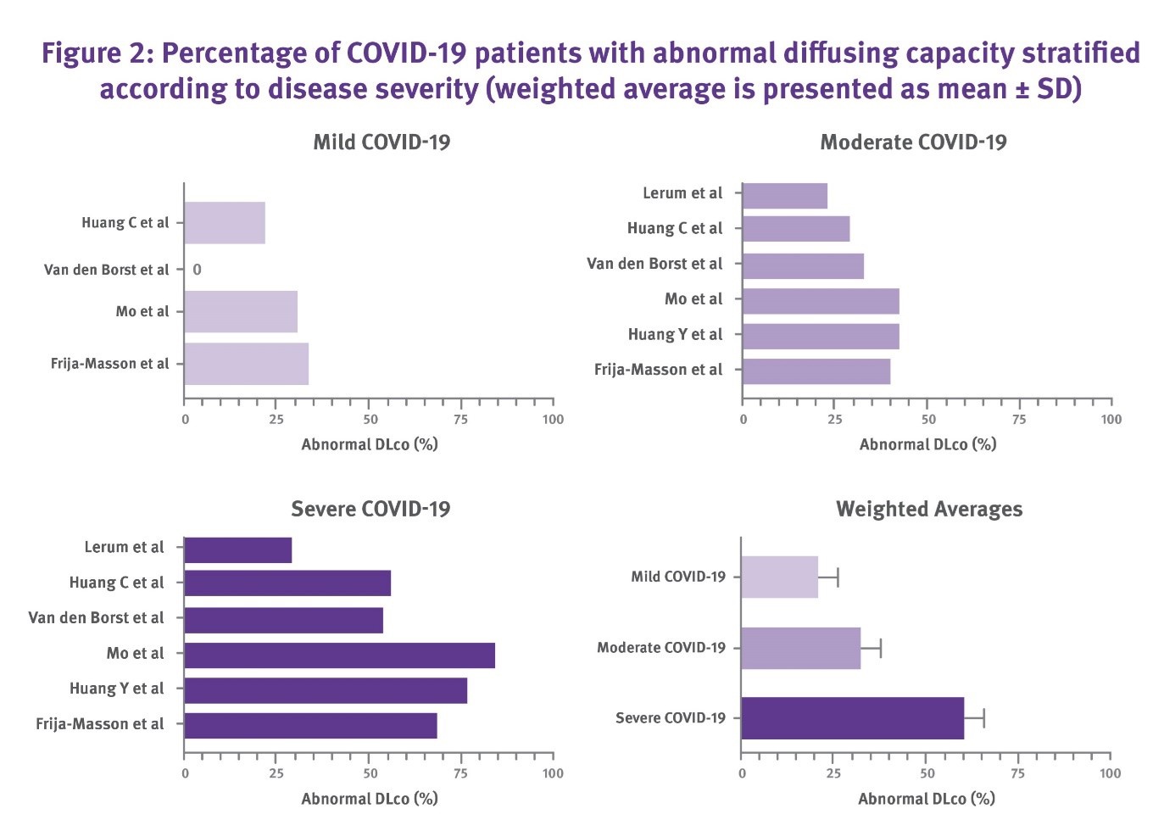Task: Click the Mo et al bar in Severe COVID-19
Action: (x=339, y=655)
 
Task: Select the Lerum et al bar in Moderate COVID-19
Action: (x=784, y=196)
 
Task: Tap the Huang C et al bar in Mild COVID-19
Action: (x=225, y=223)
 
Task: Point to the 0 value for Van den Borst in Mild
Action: (x=197, y=270)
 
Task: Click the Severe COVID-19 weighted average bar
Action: (x=852, y=718)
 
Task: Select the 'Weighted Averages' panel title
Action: (x=928, y=510)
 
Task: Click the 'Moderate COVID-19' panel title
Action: (x=913, y=142)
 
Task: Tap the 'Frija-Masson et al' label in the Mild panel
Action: (x=110, y=364)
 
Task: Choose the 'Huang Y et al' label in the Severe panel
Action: (x=117, y=689)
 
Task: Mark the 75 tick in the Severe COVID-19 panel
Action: (x=460, y=773)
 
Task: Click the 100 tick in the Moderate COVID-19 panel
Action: (x=1111, y=420)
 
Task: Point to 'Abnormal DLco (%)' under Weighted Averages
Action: (x=927, y=799)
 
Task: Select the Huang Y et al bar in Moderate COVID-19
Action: (x=821, y=337)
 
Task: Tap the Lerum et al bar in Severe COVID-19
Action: (x=238, y=550)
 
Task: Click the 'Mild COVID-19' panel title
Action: (x=381, y=142)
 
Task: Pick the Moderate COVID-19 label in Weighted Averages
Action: (x=661, y=648)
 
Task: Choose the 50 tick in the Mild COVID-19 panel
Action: (x=370, y=420)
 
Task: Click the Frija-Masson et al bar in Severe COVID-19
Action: (x=310, y=726)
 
